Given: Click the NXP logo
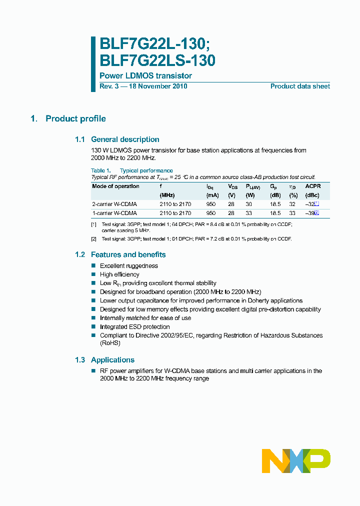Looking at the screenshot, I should (x=296, y=460).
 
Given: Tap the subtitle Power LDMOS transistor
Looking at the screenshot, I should (x=145, y=76).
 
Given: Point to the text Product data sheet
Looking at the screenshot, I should (x=300, y=86).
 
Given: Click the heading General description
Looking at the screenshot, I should (x=125, y=139).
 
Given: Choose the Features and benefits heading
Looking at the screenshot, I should (x=128, y=254).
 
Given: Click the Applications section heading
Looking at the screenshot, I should (x=112, y=360).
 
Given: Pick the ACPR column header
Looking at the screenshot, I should (x=313, y=186).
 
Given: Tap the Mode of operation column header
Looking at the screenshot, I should (x=116, y=186).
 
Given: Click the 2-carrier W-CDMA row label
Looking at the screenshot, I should (x=114, y=204).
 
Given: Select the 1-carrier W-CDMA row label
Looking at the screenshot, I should (x=114, y=213).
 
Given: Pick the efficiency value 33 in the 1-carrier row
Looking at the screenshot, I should (x=292, y=213).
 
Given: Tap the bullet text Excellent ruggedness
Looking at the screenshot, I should (x=129, y=266).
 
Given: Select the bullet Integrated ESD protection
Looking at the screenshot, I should (x=135, y=327).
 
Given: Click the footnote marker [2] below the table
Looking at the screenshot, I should (x=93, y=239).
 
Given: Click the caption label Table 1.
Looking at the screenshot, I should (x=101, y=170).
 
